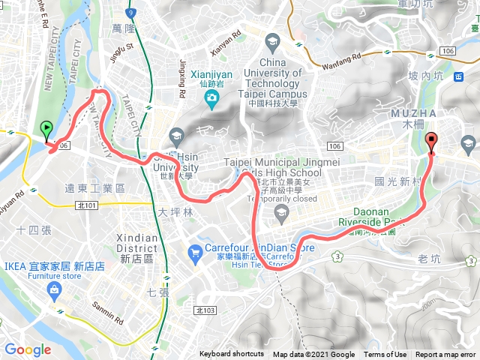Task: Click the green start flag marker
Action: [x=46, y=130]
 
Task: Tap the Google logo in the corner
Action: [x=28, y=349]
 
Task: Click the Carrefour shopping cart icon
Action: [x=195, y=254]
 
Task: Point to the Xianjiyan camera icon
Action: [x=213, y=98]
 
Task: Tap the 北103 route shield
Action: [x=204, y=310]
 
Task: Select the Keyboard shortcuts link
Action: [x=231, y=355]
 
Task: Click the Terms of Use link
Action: [x=385, y=355]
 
